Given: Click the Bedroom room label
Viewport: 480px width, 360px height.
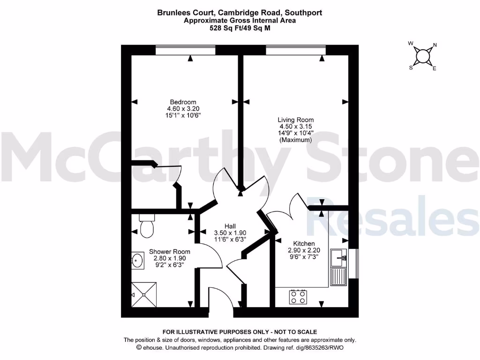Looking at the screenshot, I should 183,102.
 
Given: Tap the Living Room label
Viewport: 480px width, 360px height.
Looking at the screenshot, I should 295,120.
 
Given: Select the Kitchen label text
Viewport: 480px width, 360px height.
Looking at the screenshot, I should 304,243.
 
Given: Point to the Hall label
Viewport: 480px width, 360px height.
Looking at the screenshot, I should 230,225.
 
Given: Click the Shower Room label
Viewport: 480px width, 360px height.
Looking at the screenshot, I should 170,252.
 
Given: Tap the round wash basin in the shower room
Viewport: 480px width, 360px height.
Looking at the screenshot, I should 137,260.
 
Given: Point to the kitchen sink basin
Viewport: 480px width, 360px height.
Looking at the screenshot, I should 338,257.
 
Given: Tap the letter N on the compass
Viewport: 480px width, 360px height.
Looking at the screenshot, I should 435,45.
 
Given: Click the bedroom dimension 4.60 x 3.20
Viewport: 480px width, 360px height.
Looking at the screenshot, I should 183,108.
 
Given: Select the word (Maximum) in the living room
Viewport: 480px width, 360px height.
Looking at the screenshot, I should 295,140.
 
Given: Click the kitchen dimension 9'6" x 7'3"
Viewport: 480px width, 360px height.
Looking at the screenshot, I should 304,257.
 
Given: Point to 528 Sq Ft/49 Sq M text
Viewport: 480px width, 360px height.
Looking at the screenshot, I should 240,28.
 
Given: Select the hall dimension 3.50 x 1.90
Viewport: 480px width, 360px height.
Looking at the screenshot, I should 230,232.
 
